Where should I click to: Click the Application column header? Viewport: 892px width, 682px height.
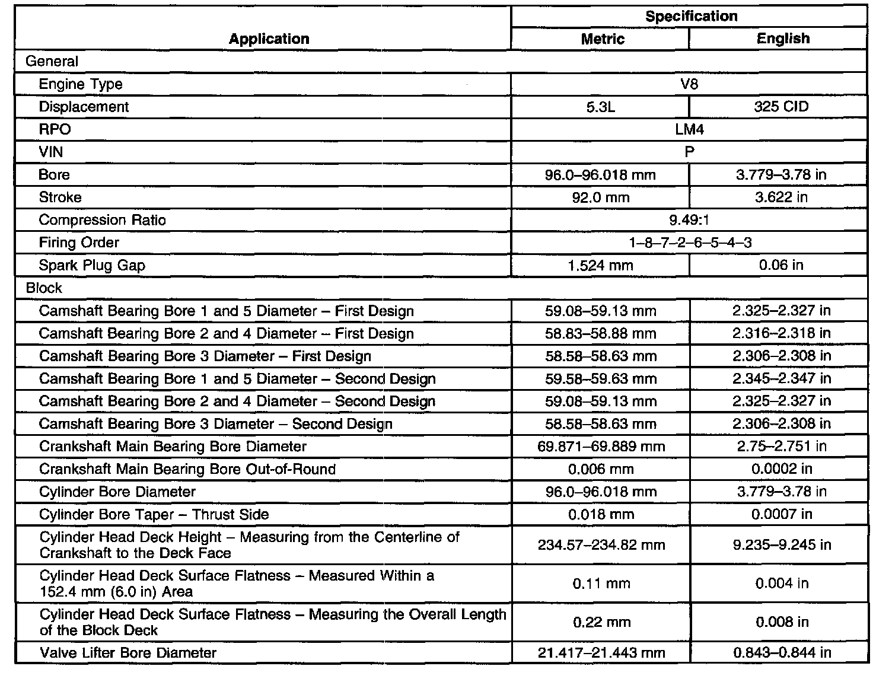269,39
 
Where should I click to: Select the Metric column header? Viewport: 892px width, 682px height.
603,39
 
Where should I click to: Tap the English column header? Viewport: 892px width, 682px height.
783,39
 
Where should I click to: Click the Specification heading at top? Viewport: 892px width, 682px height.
691,16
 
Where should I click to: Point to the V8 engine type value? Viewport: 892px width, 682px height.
689,84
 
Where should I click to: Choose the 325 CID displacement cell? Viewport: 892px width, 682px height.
781,107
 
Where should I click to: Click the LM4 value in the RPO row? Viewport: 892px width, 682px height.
689,129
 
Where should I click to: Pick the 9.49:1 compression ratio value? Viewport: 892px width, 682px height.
689,220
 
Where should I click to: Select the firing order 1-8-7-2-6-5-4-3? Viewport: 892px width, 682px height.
689,243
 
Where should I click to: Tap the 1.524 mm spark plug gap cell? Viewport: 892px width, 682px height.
600,266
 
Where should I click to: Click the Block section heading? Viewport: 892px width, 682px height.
44,288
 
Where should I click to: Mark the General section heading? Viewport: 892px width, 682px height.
52,62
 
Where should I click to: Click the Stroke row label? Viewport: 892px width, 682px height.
60,197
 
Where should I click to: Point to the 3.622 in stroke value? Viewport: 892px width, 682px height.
781,197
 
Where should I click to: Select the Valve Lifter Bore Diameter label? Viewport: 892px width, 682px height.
128,653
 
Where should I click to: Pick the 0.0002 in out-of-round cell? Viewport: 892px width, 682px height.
782,469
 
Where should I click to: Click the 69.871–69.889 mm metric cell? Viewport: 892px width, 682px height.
601,447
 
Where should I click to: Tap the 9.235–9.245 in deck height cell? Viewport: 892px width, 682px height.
782,544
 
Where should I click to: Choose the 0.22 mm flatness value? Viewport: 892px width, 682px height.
601,622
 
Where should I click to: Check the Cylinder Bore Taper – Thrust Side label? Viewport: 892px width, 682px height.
154,514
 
